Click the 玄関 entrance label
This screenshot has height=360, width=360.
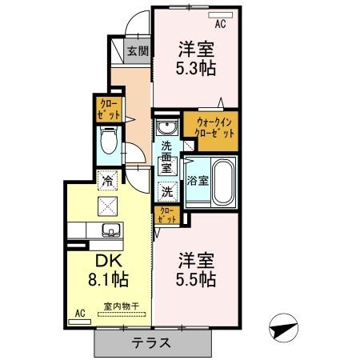(x=138, y=51)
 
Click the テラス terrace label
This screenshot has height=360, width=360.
(x=155, y=343)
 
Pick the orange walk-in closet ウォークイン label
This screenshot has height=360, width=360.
(x=210, y=128)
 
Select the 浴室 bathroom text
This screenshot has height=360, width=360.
(x=198, y=180)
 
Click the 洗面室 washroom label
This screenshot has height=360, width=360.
(x=166, y=158)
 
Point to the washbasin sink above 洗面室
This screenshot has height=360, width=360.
(x=166, y=128)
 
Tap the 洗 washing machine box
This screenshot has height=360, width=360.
(x=166, y=191)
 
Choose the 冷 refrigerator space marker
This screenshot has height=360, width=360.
(x=106, y=181)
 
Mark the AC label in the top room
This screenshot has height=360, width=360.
(x=220, y=25)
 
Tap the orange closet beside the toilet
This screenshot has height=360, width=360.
(x=106, y=108)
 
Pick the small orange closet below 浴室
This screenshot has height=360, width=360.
(x=167, y=215)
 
